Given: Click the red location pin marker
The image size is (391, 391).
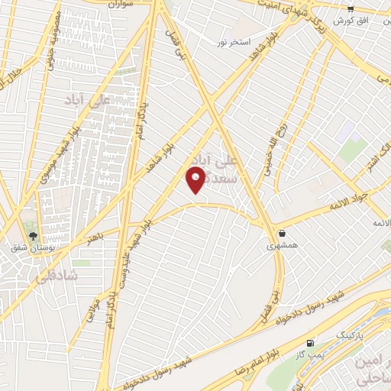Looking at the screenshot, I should click(x=195, y=179).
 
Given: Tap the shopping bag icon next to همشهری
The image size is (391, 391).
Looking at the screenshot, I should click(x=283, y=234).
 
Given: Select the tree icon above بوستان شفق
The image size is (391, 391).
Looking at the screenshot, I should click(x=32, y=234).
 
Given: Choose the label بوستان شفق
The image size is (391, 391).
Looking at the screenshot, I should click(x=31, y=247).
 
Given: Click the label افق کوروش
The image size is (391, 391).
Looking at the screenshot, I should click(x=374, y=19).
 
